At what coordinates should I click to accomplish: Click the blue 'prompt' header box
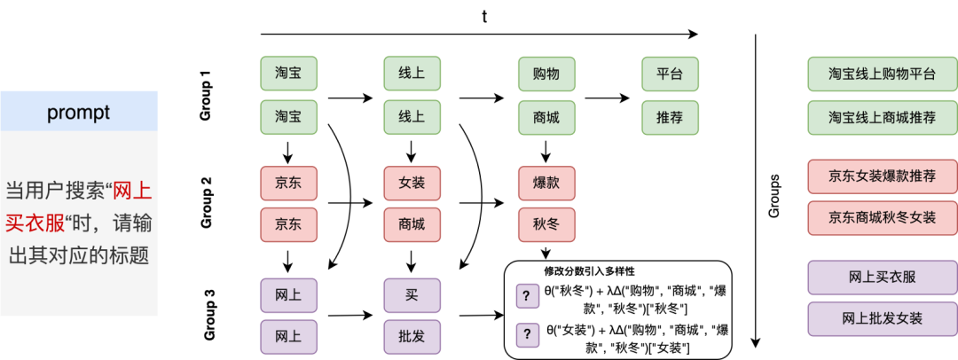point(79,113)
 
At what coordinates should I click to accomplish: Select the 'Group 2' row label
point(206,203)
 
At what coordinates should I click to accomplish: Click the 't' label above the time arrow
point(483,17)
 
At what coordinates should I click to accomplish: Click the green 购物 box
point(546,74)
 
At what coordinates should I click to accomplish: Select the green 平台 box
point(670,74)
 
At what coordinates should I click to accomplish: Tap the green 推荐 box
point(670,116)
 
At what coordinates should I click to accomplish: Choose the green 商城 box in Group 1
point(546,116)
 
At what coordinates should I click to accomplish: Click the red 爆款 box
point(546,183)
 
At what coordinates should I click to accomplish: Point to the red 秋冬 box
point(546,224)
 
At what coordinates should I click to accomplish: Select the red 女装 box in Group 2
point(412,183)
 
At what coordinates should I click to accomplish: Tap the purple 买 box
point(412,293)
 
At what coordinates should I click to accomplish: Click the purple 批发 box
point(412,336)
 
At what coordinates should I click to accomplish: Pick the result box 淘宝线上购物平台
point(882,74)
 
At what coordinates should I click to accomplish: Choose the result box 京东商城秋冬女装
point(882,217)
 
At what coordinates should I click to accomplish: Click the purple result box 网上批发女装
point(882,317)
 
